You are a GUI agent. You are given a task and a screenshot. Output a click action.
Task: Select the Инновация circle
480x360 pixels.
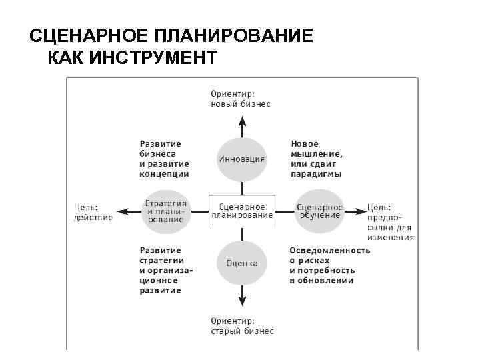[x=241, y=159]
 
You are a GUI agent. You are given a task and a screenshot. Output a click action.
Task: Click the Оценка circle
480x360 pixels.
[x=241, y=263]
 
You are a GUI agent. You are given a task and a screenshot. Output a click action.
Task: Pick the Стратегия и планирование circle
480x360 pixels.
[x=167, y=211]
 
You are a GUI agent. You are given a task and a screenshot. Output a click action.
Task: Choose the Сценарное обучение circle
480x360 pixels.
[x=319, y=211]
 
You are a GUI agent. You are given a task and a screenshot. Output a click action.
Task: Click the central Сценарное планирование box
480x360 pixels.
[x=241, y=211]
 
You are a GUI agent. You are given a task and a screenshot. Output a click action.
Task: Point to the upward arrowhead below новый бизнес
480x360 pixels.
[x=242, y=121]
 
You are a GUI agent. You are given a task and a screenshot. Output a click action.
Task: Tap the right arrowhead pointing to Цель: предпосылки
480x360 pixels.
[x=361, y=211]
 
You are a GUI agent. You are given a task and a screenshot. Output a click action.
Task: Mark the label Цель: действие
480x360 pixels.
[x=93, y=211]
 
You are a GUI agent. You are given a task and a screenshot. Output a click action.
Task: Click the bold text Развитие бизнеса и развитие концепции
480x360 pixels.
[x=164, y=159]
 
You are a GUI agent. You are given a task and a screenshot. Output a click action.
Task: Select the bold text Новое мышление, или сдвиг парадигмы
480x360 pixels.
[x=317, y=159]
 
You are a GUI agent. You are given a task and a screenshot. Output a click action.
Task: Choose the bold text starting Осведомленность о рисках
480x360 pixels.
[x=329, y=265]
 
